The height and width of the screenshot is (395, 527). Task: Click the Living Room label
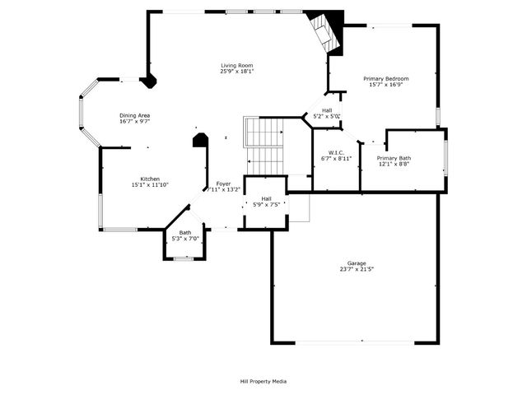tap(236, 66)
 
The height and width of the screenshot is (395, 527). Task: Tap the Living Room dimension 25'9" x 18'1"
tap(236, 72)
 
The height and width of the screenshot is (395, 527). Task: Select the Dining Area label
tap(134, 115)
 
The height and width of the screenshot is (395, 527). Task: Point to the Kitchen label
tap(149, 179)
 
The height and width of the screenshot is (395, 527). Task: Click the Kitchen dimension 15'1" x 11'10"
tap(149, 185)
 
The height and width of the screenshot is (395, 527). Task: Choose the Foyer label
tap(223, 183)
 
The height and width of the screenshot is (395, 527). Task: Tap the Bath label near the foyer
tap(185, 232)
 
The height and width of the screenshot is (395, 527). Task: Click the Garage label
tap(356, 263)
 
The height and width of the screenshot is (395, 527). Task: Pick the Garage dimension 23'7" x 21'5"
tap(356, 270)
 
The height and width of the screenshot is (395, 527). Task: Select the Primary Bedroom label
tap(386, 79)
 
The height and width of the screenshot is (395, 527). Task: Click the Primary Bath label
tap(393, 157)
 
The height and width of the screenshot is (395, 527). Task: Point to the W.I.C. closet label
tap(335, 151)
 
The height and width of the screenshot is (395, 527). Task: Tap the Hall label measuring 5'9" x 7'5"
tap(267, 198)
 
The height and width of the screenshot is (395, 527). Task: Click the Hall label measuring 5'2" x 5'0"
tap(327, 110)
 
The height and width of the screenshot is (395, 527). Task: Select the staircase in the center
tap(264, 144)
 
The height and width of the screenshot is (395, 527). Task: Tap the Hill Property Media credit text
tap(263, 381)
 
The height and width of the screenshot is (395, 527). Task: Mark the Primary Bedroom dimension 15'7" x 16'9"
tap(386, 86)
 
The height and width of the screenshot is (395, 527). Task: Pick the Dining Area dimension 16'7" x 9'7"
tap(134, 122)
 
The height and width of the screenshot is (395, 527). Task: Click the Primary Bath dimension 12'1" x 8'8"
tap(393, 164)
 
